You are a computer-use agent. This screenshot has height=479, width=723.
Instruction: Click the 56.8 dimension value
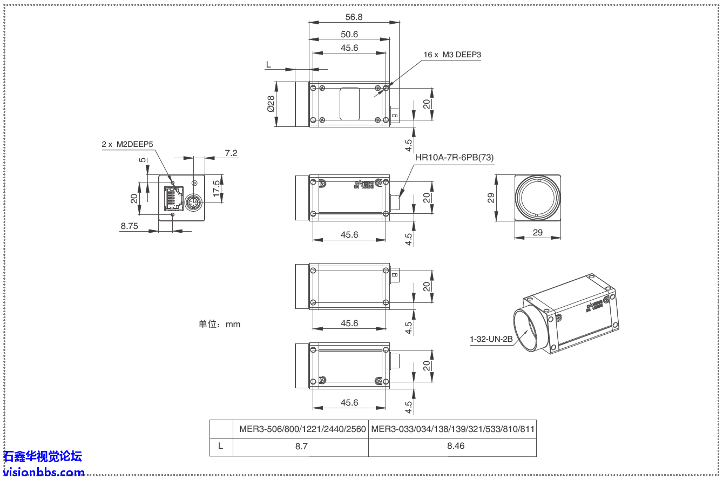[354, 17]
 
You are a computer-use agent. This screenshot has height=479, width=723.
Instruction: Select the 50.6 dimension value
[349, 34]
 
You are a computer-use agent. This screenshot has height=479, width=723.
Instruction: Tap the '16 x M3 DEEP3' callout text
[452, 55]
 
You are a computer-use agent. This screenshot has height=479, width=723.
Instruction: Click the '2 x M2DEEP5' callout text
[127, 144]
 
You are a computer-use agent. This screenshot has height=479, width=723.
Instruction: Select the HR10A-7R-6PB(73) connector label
[454, 158]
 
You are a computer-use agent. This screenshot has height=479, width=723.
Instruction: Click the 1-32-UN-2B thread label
[491, 339]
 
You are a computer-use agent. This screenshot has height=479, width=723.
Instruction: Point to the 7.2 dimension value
[231, 153]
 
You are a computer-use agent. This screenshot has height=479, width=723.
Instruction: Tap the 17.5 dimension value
[217, 188]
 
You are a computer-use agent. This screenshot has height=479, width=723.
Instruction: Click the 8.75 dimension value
[130, 226]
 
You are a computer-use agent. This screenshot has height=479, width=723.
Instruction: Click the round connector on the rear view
[193, 203]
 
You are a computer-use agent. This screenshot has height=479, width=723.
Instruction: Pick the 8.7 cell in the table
[300, 446]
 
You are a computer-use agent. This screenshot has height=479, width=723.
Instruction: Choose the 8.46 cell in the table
[452, 446]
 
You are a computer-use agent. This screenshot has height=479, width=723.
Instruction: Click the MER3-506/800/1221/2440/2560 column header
[302, 429]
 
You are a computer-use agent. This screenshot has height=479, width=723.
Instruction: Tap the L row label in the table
[221, 446]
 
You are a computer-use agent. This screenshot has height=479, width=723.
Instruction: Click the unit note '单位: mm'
[219, 324]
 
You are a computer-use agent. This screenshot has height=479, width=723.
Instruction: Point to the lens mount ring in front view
[537, 198]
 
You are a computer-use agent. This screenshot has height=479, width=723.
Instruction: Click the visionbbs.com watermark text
[43, 472]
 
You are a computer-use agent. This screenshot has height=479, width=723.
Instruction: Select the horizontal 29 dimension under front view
[537, 233]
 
